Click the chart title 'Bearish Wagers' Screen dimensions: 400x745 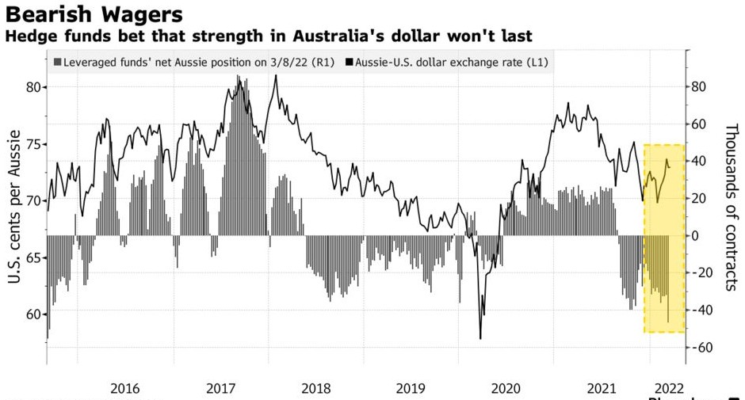click(94, 14)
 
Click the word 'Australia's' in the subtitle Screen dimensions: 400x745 click(332, 36)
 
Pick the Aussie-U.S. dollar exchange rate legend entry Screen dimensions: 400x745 click(451, 61)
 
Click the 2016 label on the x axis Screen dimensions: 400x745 click(125, 388)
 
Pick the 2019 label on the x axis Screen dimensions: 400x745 click(411, 388)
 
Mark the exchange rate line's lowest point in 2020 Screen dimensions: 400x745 click(480, 338)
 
